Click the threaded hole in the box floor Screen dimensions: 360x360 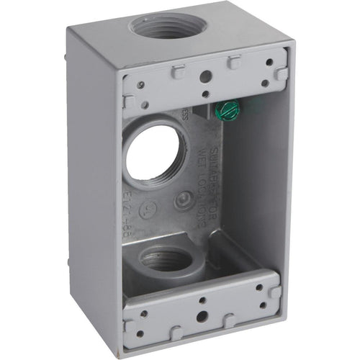[x=166, y=258]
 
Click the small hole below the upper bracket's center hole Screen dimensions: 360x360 [x=204, y=94]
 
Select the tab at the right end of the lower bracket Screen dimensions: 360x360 [x=274, y=292]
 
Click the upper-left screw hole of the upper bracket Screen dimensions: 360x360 [x=140, y=85]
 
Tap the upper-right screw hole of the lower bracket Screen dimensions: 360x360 [x=258, y=288]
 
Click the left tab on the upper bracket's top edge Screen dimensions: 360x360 [x=178, y=70]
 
